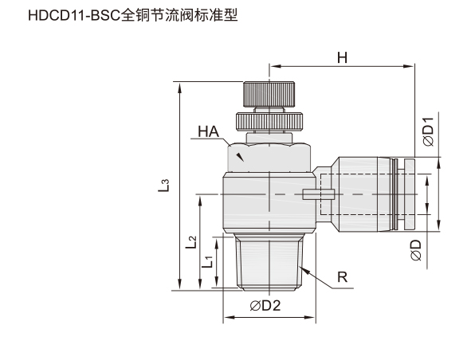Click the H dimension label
tap(342, 57)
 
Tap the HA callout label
tap(209, 131)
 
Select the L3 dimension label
tap(163, 186)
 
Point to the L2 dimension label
tap(190, 242)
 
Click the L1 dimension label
tap(207, 262)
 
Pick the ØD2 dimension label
tap(265, 305)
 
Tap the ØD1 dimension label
tap(428, 131)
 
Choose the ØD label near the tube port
tap(416, 250)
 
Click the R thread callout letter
tap(342, 277)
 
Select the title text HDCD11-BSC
tap(74, 16)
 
